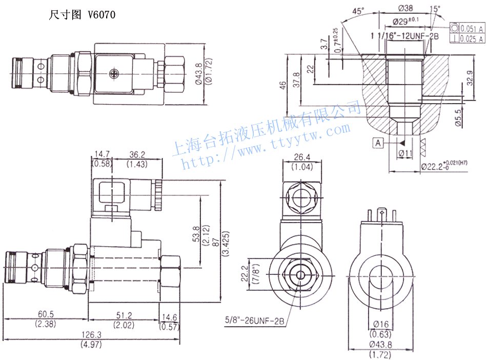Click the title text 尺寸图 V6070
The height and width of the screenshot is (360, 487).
coord(82,15)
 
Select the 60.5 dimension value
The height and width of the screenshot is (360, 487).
coord(46,314)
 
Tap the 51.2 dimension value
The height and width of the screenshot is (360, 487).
coord(124,314)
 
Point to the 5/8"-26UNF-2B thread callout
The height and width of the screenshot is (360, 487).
coord(254,321)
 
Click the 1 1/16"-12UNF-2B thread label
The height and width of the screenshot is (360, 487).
coord(405,35)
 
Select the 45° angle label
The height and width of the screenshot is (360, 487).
coord(359,11)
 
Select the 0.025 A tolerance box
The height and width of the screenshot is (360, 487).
coord(471,38)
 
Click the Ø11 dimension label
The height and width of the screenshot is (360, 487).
coord(406,152)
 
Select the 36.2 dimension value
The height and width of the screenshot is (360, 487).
coord(137,154)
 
